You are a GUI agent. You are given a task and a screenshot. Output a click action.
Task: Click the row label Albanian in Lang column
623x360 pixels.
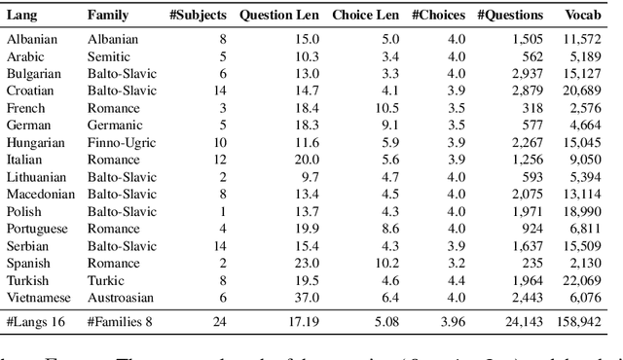(x=31, y=40)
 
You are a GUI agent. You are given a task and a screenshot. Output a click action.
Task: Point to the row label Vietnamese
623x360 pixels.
(x=38, y=297)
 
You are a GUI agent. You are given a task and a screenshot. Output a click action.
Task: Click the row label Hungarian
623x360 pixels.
(x=36, y=142)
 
